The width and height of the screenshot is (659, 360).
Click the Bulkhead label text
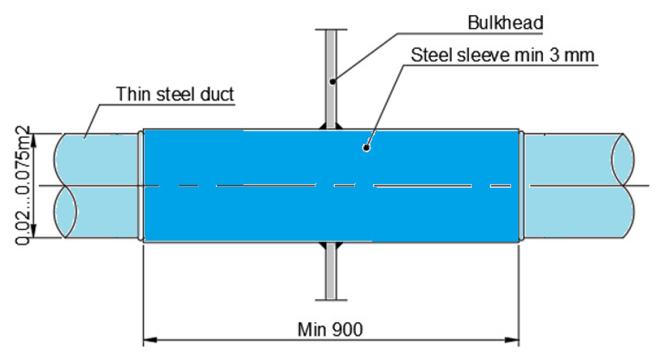[x=505, y=23]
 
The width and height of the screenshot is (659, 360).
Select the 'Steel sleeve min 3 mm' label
[x=502, y=55]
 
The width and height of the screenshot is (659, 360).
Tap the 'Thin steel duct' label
[x=175, y=94]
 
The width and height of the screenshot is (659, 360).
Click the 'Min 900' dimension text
[x=330, y=329]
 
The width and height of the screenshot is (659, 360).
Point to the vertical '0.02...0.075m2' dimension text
[x=22, y=186]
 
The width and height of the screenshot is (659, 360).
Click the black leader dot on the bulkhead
[x=332, y=82]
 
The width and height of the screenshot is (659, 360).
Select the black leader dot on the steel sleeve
[x=366, y=148]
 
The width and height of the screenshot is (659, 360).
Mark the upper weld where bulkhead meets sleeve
[x=331, y=126]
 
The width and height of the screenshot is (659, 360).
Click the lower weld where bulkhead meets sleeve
[x=331, y=245]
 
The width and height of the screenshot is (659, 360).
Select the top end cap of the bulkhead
[x=331, y=29]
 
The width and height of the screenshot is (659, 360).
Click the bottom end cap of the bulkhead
[x=331, y=300]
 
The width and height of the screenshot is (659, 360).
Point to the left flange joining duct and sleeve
[x=140, y=186]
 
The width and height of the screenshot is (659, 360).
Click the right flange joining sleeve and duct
[x=521, y=186]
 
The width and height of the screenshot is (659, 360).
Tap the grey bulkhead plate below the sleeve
[x=331, y=272]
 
